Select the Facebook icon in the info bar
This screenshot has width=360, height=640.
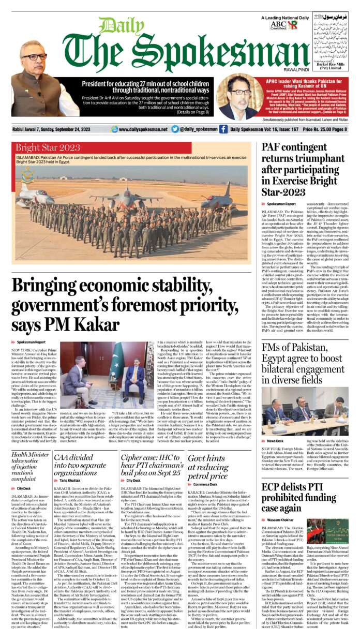pos(223,129)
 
